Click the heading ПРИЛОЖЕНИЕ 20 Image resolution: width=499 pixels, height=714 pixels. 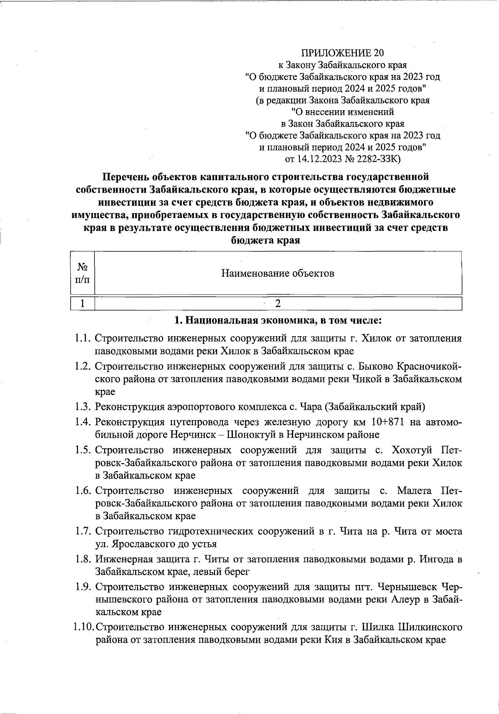click(x=342, y=53)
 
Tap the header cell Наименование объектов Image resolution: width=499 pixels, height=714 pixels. click(x=278, y=273)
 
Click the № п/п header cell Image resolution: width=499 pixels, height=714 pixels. click(x=82, y=273)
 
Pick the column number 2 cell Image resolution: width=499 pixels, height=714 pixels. click(x=278, y=304)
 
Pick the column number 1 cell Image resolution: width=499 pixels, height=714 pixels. click(x=82, y=304)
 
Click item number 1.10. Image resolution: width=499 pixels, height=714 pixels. click(x=82, y=627)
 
